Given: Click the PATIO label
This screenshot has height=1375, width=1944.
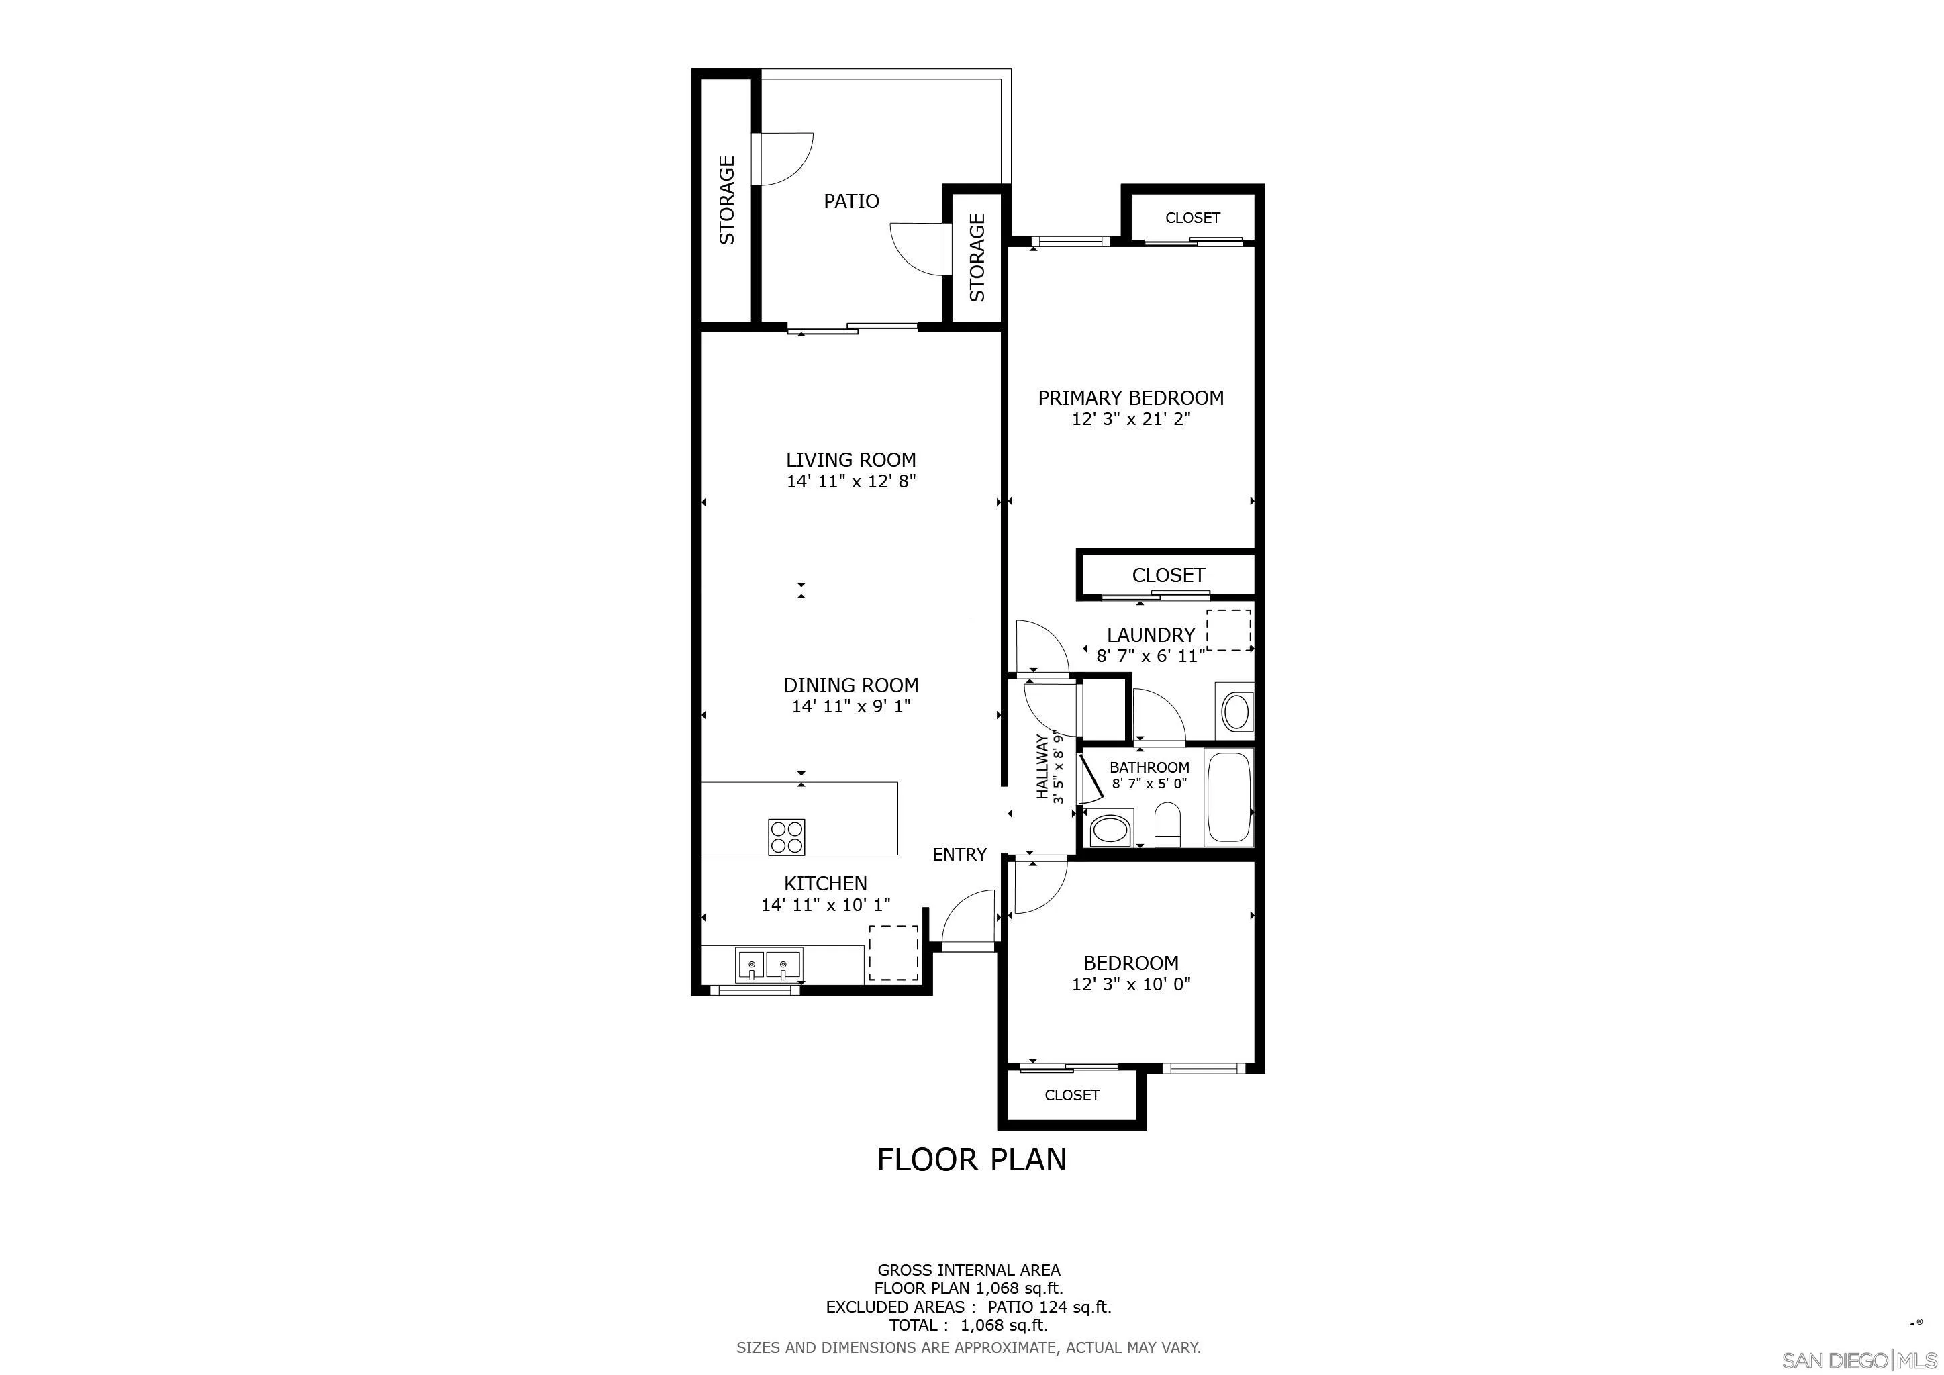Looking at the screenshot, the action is pyautogui.click(x=851, y=201).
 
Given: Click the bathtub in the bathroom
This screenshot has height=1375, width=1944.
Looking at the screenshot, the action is pyautogui.click(x=1228, y=797).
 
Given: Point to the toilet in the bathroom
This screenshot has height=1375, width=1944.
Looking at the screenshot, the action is pyautogui.click(x=1167, y=824).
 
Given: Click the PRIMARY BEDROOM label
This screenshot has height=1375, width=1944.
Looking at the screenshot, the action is pyautogui.click(x=1130, y=397).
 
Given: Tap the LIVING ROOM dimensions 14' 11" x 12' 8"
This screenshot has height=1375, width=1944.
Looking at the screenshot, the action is pyautogui.click(x=851, y=481).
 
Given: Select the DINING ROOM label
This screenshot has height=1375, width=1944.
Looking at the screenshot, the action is pyautogui.click(x=851, y=685).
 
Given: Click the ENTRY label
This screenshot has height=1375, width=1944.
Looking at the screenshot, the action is pyautogui.click(x=959, y=854).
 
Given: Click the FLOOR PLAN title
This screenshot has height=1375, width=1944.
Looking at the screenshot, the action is pyautogui.click(x=971, y=1159).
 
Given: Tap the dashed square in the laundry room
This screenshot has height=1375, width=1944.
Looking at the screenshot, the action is pyautogui.click(x=1228, y=630).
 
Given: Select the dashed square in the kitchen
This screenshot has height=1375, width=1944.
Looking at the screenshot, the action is pyautogui.click(x=894, y=953).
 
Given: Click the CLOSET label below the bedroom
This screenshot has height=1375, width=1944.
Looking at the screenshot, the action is pyautogui.click(x=1072, y=1095).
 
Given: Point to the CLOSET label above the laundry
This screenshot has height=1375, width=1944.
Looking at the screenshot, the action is pyautogui.click(x=1169, y=575).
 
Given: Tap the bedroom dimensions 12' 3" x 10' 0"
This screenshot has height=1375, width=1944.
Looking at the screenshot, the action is pyautogui.click(x=1131, y=984).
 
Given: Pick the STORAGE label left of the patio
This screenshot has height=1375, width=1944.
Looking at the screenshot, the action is pyautogui.click(x=726, y=200).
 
